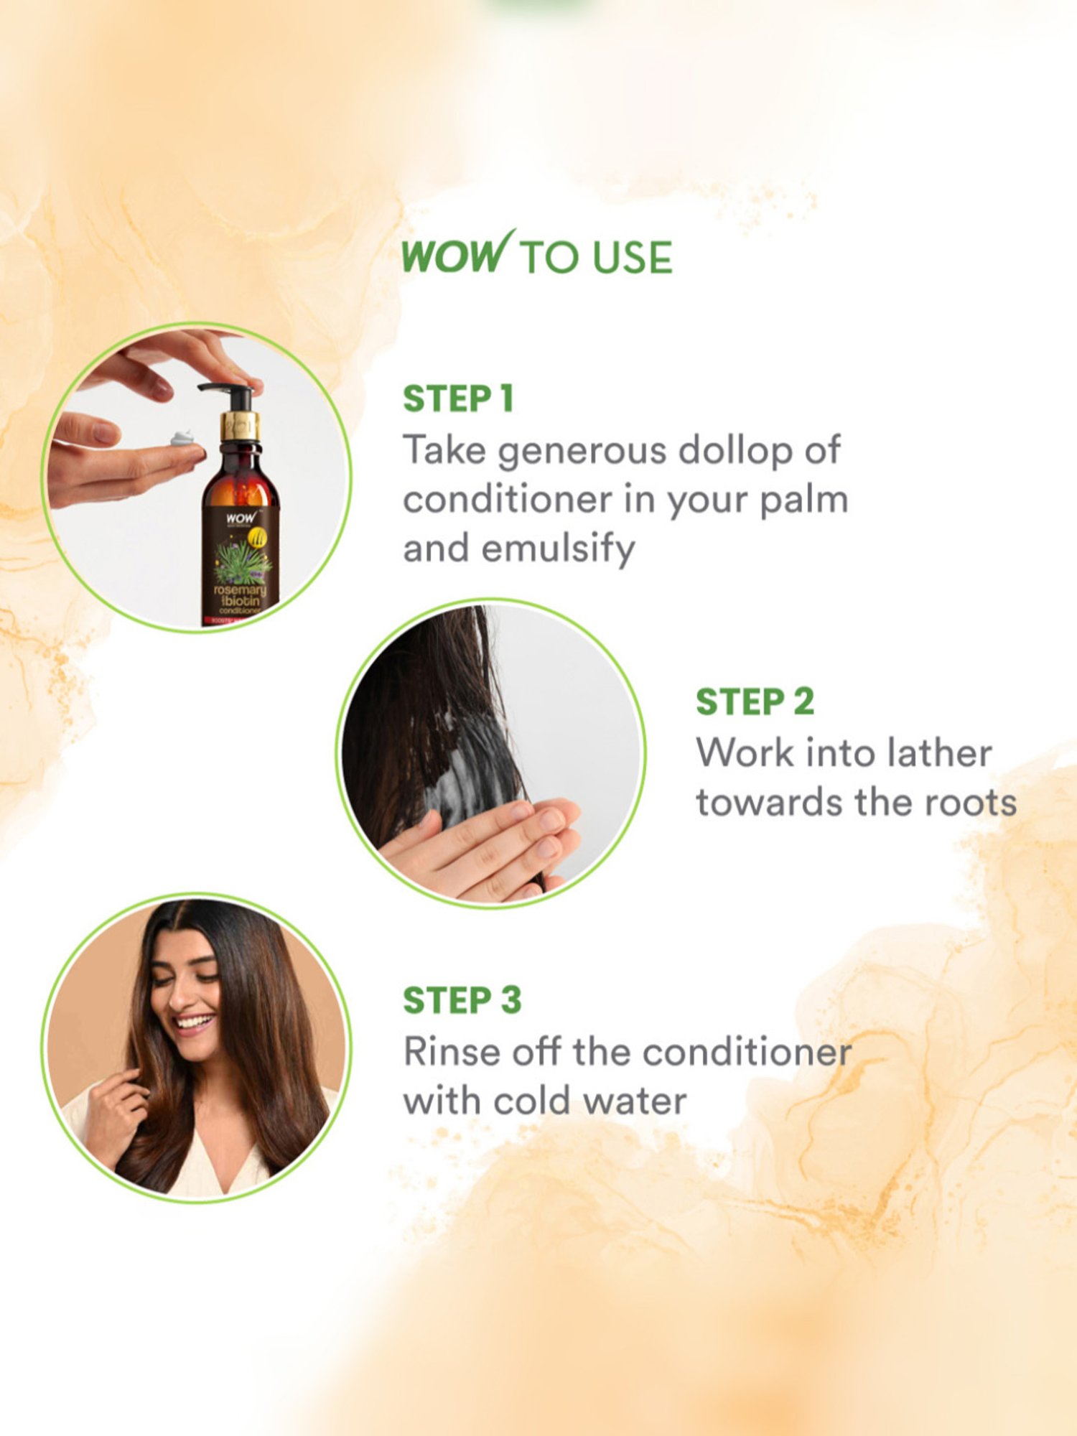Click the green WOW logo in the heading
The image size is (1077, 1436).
(457, 254)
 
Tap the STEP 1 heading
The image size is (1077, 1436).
(458, 399)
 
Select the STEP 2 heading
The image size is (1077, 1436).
(755, 702)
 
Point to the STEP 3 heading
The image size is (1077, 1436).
(462, 1001)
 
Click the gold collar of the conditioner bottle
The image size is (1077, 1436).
(240, 426)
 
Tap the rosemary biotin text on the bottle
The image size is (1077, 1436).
(240, 595)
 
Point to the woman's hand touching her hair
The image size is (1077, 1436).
(115, 1109)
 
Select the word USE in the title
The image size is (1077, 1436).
(633, 257)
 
